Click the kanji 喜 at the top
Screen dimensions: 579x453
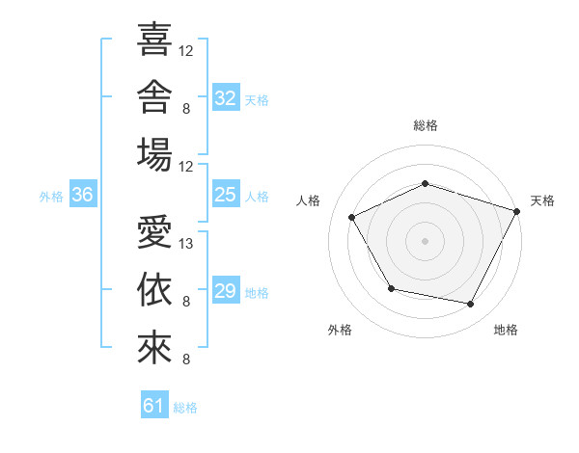pyautogui.click(x=154, y=40)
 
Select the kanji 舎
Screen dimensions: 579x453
pyautogui.click(x=154, y=96)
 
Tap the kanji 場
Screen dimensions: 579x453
pyautogui.click(x=154, y=154)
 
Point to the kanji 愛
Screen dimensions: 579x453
pyautogui.click(x=154, y=231)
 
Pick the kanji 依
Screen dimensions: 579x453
pyautogui.click(x=154, y=289)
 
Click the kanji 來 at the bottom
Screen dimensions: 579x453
pyautogui.click(x=154, y=348)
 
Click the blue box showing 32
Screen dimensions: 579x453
pyautogui.click(x=226, y=97)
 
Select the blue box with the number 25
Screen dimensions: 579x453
pyautogui.click(x=226, y=194)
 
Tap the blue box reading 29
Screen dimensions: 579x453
pyautogui.click(x=226, y=289)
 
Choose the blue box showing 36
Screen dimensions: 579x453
pyautogui.click(x=83, y=194)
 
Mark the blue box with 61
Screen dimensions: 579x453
pyautogui.click(x=154, y=404)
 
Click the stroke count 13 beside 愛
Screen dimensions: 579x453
pyautogui.click(x=185, y=244)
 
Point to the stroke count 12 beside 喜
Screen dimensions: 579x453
pyautogui.click(x=185, y=51)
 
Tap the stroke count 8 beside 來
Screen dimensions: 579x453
pyautogui.click(x=186, y=359)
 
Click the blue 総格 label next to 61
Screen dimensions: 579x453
pyautogui.click(x=185, y=408)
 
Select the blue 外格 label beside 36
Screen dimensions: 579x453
pyautogui.click(x=51, y=197)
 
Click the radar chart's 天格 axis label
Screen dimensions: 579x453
pyautogui.click(x=542, y=200)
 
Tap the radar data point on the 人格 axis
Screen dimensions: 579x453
pyautogui.click(x=351, y=217)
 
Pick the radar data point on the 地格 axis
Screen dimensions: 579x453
pyautogui.click(x=470, y=304)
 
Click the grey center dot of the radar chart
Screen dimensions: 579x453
pyautogui.click(x=425, y=241)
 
